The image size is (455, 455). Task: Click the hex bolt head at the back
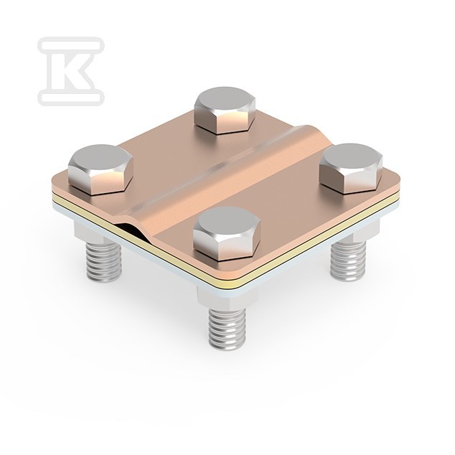click(x=225, y=111)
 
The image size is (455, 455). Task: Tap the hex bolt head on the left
click(x=100, y=170)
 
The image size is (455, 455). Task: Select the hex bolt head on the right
click(x=351, y=169)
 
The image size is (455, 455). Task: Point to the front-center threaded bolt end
click(x=227, y=329)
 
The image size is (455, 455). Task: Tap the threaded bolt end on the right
click(x=348, y=261)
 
